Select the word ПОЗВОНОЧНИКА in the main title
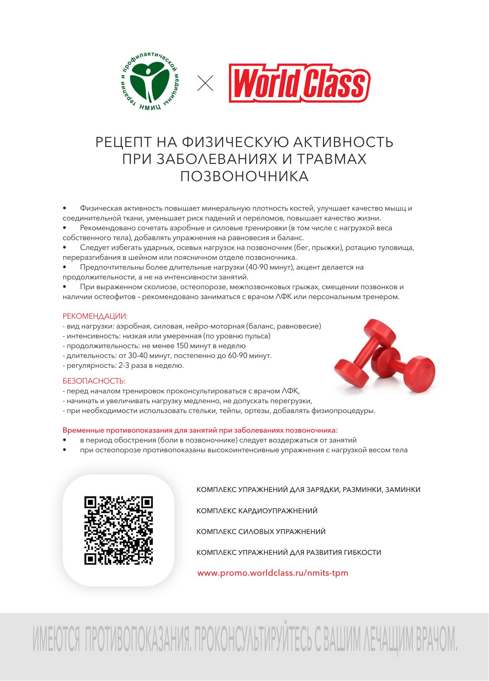(244, 176)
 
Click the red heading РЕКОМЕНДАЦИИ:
(95, 316)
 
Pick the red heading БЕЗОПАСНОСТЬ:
(94, 381)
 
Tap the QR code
(119, 530)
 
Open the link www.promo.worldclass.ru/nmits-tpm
(273, 573)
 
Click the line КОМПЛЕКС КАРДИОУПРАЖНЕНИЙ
(257, 511)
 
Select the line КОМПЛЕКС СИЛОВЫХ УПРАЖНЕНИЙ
(261, 532)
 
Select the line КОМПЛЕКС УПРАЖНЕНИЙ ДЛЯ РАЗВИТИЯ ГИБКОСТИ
(289, 553)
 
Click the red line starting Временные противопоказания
(200, 430)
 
